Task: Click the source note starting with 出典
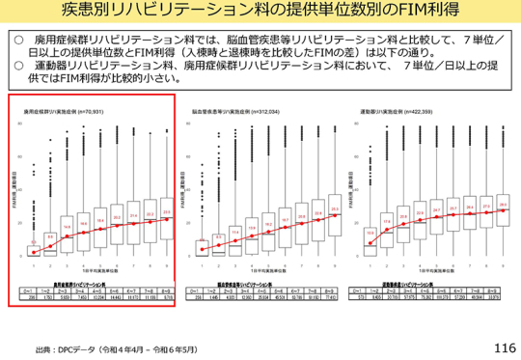[126, 348]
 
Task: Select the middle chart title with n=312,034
[237, 113]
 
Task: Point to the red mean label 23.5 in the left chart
[166, 212]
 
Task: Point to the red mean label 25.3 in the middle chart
[334, 208]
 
